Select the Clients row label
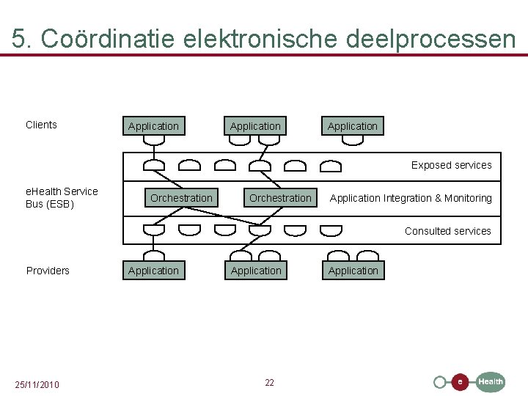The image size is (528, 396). [41, 125]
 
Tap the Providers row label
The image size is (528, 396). [48, 271]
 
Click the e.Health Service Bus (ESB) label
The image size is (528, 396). [62, 197]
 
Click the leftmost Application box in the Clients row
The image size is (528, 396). [153, 126]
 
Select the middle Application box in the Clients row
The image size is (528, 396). [255, 126]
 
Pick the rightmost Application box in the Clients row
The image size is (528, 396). [353, 126]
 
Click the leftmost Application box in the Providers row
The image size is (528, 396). [153, 271]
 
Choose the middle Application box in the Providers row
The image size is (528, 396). [256, 271]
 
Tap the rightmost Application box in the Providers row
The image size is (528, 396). [353, 271]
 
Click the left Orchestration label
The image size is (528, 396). [181, 198]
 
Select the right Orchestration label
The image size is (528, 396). [280, 198]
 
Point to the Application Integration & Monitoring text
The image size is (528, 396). [411, 198]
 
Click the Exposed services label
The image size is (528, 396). [451, 165]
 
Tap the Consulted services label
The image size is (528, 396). [447, 231]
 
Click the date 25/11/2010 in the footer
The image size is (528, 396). [37, 385]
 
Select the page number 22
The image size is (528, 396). [269, 383]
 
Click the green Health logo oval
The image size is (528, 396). [491, 381]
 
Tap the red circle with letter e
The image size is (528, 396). [460, 382]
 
